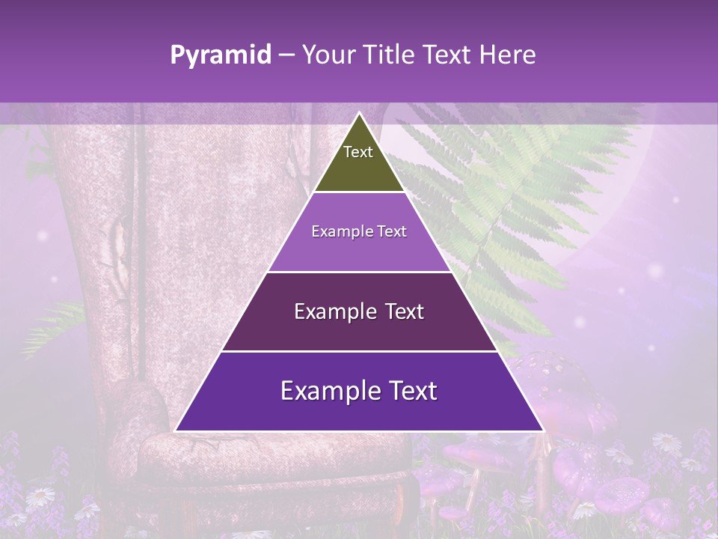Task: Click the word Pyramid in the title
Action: coord(221,55)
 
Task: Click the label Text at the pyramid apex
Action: coord(358,152)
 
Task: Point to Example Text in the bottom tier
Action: coord(359,391)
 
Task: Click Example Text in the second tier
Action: coord(359,231)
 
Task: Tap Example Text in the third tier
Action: coord(359,311)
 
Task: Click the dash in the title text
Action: coord(286,55)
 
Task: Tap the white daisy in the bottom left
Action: coord(41,496)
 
